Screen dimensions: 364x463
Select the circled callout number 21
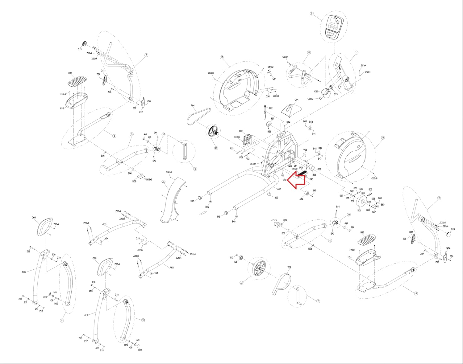pyautogui.click(x=312, y=14)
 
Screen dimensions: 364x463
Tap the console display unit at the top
pyautogui.click(x=334, y=27)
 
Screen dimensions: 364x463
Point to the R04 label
pyautogui.click(x=193, y=106)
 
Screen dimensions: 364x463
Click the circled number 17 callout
pyautogui.click(x=222, y=57)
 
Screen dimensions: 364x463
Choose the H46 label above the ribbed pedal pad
pyautogui.click(x=70, y=73)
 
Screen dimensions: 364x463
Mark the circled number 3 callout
pyautogui.click(x=146, y=55)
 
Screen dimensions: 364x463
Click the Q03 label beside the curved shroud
pyautogui.click(x=163, y=182)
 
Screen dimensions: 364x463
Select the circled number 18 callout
pyautogui.click(x=383, y=138)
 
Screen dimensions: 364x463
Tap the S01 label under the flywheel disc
pyautogui.click(x=359, y=211)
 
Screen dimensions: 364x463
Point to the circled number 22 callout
pyautogui.click(x=241, y=282)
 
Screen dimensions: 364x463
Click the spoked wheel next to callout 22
pyautogui.click(x=259, y=268)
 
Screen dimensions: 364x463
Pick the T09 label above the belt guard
pyautogui.click(x=289, y=268)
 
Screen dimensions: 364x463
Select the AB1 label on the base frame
pyautogui.click(x=279, y=189)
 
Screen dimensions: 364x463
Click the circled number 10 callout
pyautogui.click(x=143, y=320)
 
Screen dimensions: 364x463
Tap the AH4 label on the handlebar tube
pyautogui.click(x=104, y=224)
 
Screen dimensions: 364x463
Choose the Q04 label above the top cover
pyautogui.click(x=296, y=100)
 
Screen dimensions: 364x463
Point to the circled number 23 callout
pyautogui.click(x=216, y=148)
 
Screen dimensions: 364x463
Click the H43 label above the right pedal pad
pyautogui.click(x=362, y=233)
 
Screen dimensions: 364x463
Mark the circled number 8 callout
pyautogui.click(x=416, y=293)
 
